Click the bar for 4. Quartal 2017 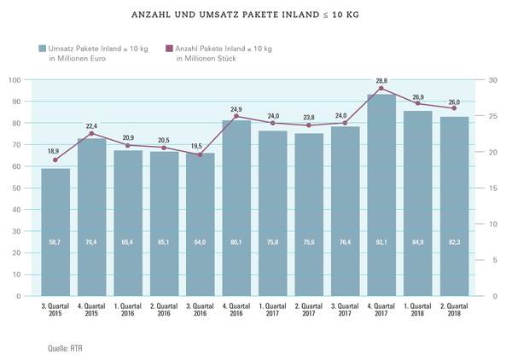[x=381, y=196]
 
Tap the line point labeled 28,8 [x=381, y=88]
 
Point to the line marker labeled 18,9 [x=56, y=160]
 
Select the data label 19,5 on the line [x=201, y=147]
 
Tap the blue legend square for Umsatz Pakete [x=41, y=49]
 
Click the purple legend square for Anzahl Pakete [x=169, y=49]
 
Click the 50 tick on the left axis [x=17, y=189]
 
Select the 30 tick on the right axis [x=493, y=80]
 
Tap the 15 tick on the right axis [x=493, y=189]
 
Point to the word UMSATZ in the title [x=222, y=15]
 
